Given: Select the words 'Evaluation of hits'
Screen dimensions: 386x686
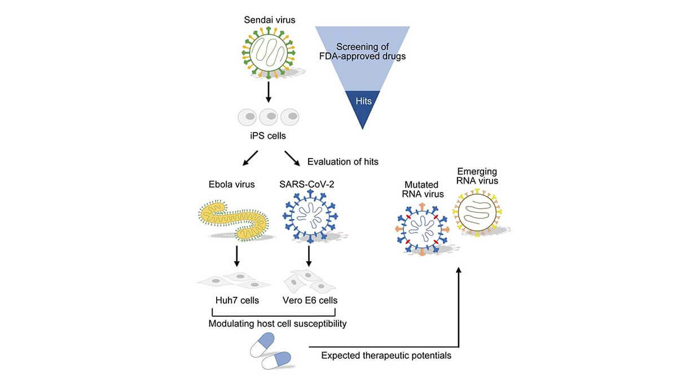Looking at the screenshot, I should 342,162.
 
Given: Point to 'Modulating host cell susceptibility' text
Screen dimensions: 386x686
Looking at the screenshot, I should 277,324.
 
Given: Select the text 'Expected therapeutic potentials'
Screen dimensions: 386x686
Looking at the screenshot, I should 386,356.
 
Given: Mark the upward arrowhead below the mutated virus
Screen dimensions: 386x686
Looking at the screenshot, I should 459,272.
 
